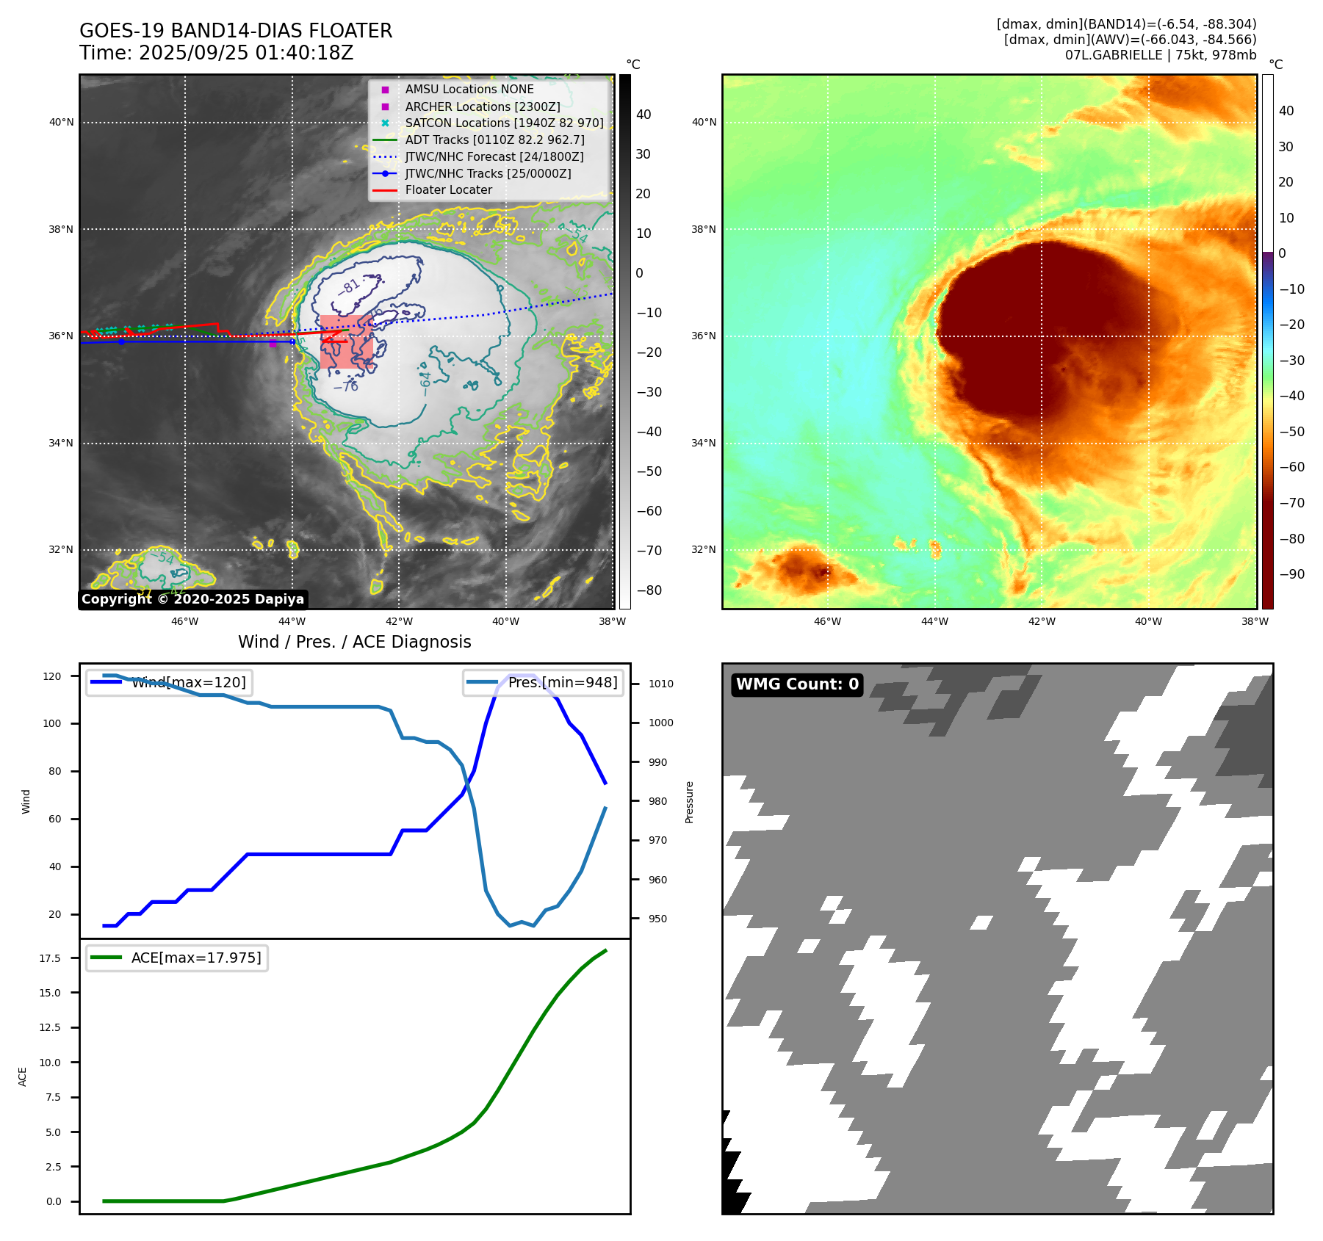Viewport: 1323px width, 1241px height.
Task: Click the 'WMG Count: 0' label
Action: [797, 684]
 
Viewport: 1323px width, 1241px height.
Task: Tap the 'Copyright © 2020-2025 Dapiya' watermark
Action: [192, 599]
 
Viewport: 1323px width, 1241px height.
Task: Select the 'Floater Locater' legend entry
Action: [448, 190]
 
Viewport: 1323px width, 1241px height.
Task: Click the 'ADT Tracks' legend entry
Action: [494, 140]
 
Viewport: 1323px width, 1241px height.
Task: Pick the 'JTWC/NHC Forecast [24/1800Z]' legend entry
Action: [494, 156]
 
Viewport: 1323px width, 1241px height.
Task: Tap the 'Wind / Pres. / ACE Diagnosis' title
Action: [354, 643]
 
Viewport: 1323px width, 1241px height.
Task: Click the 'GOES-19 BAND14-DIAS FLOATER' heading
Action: [236, 31]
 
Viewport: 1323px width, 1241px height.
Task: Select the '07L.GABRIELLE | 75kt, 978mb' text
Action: [1160, 55]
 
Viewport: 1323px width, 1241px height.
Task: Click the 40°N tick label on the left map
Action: [62, 123]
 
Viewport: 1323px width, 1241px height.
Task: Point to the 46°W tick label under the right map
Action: [827, 622]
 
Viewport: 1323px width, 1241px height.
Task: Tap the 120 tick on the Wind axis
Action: [52, 676]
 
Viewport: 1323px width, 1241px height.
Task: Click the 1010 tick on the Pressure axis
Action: [660, 684]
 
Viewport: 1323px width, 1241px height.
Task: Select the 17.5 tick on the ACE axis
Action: [50, 958]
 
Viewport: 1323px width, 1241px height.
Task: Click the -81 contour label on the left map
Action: [350, 286]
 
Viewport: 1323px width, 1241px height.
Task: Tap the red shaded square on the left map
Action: [346, 341]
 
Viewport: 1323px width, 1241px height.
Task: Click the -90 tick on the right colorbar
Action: [1291, 574]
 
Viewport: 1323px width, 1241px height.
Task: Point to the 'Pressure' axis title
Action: [689, 802]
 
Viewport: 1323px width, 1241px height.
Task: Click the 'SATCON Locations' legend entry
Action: [504, 123]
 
